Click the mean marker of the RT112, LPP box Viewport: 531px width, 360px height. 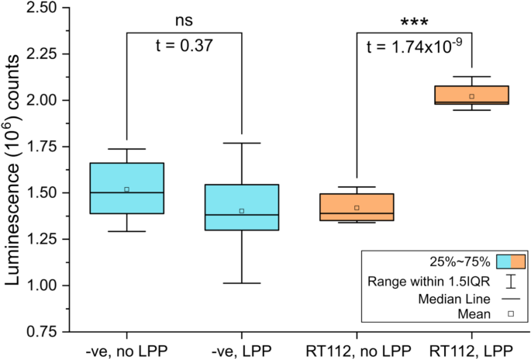471,96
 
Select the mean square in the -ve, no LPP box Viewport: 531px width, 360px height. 126,189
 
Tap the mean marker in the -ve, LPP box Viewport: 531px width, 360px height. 242,210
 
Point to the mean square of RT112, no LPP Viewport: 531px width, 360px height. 357,208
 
